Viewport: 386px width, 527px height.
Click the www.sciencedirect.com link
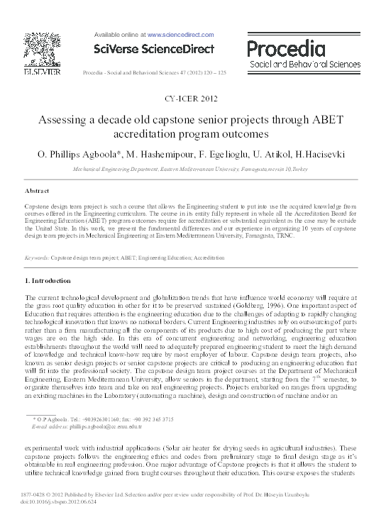180,33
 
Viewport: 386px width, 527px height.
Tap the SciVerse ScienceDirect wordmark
153,49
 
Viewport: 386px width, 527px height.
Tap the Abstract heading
37,192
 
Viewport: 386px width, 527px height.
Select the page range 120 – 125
217,72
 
